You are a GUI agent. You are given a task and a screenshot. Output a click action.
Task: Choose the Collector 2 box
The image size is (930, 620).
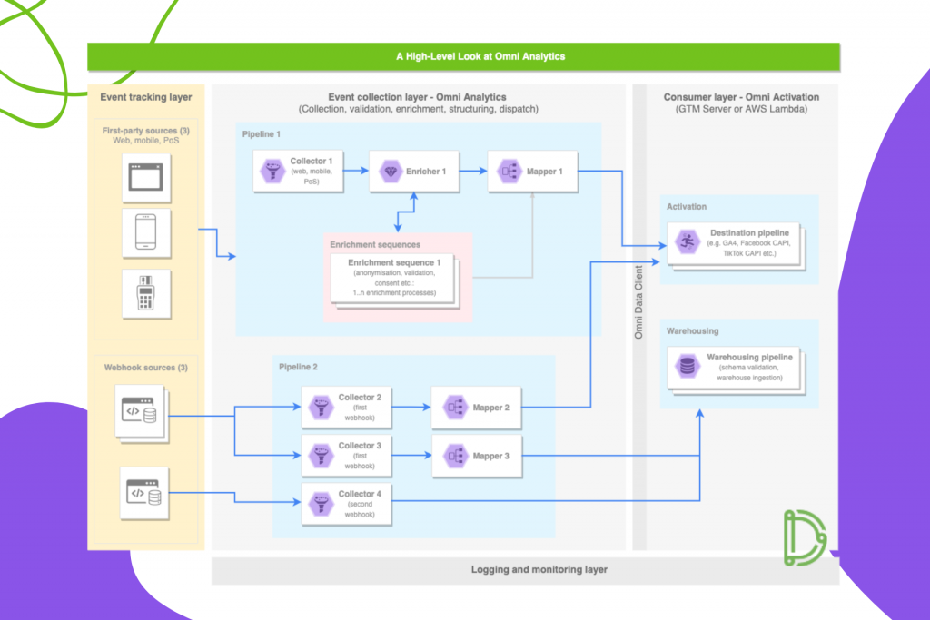coord(346,408)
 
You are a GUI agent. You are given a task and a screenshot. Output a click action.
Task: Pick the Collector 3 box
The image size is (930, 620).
coord(346,456)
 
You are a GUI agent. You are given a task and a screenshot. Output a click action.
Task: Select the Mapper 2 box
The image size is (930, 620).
coord(477,408)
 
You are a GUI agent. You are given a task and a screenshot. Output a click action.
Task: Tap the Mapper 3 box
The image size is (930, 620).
coord(477,456)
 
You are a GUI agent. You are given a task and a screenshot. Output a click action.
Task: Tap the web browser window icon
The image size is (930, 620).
coord(146,175)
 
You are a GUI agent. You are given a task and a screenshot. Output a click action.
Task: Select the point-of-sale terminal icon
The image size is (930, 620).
coord(146,292)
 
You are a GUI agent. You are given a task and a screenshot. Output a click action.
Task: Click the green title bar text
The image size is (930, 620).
coord(480,56)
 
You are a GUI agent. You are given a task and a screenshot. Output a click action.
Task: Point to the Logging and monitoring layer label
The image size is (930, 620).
coord(539,570)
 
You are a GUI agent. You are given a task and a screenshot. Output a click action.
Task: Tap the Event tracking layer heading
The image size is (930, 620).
coord(146,97)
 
